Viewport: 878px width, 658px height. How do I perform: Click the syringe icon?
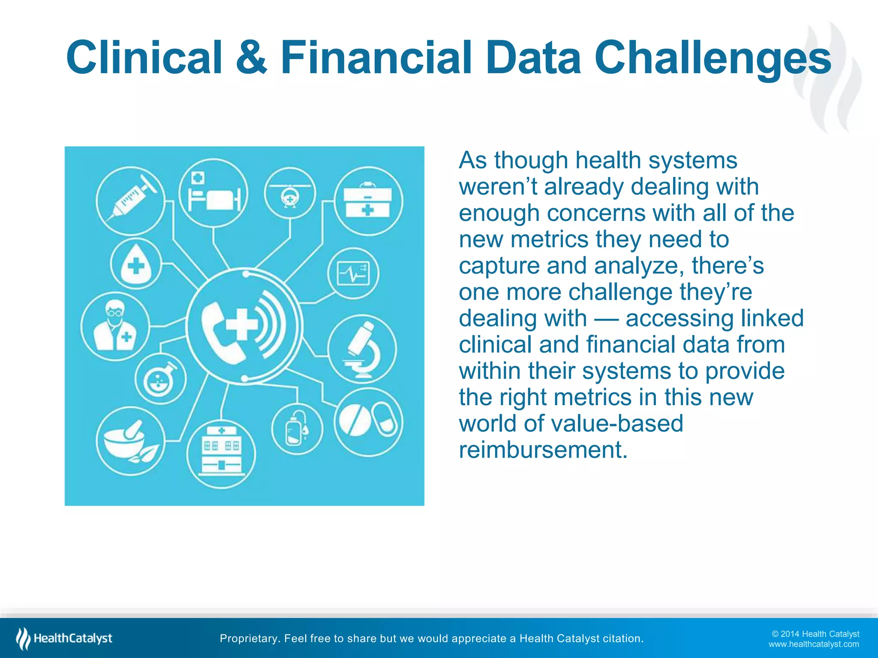[131, 200]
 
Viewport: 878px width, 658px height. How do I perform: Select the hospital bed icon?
[213, 193]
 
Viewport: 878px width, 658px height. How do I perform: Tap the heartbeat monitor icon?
[353, 273]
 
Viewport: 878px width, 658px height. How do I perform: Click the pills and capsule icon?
[369, 421]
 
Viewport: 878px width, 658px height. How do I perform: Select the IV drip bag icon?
[297, 429]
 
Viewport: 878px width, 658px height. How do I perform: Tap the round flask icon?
[160, 380]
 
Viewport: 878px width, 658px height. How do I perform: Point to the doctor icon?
[115, 326]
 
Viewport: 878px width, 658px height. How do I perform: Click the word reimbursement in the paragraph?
[543, 450]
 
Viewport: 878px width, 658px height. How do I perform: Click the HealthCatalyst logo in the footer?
[64, 638]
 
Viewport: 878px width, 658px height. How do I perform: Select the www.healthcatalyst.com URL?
[813, 644]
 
